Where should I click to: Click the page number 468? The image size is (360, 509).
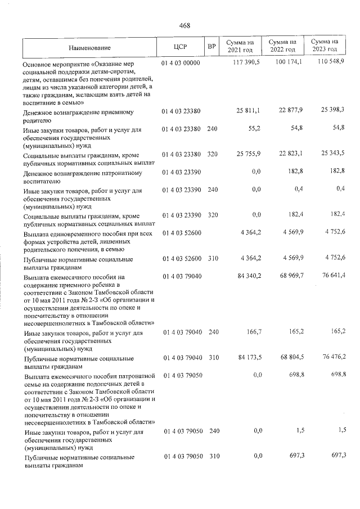184,25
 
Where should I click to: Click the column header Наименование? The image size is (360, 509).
90,48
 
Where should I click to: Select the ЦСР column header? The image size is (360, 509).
181,47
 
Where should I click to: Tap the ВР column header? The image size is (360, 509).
211,47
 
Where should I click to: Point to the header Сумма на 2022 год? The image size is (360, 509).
282,46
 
